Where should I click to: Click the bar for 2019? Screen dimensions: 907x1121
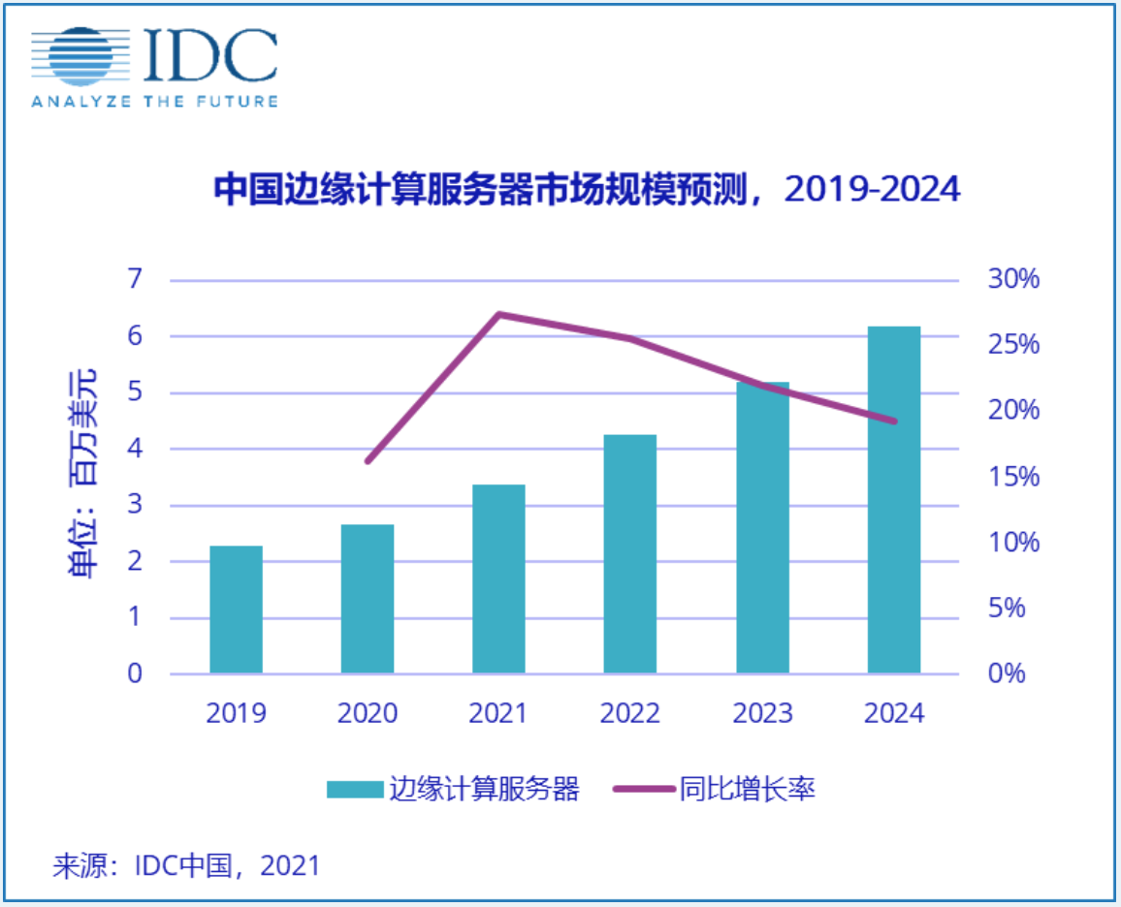coord(236,610)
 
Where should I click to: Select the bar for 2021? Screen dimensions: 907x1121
coord(498,579)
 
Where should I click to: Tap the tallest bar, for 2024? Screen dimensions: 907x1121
coord(893,500)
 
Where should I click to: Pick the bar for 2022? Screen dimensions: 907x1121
coord(630,553)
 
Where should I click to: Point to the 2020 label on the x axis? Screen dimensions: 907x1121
coord(368,713)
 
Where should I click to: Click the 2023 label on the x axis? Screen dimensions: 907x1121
coord(762,713)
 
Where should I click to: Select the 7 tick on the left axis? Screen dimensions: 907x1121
coord(135,280)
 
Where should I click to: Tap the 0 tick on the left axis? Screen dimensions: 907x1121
coord(135,673)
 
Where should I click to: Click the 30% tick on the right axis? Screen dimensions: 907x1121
coord(1012,280)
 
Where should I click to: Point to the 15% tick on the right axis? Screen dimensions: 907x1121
coord(1012,477)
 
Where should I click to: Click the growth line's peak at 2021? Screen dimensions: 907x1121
coord(498,314)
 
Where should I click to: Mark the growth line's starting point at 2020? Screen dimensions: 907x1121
coord(368,461)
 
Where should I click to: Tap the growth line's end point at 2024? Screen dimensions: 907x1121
coord(893,422)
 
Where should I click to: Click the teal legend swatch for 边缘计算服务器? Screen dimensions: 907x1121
coord(354,790)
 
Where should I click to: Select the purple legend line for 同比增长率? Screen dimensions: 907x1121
coord(643,790)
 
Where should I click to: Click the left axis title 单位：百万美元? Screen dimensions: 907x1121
coord(83,474)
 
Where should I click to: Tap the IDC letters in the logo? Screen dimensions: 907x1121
coord(210,55)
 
